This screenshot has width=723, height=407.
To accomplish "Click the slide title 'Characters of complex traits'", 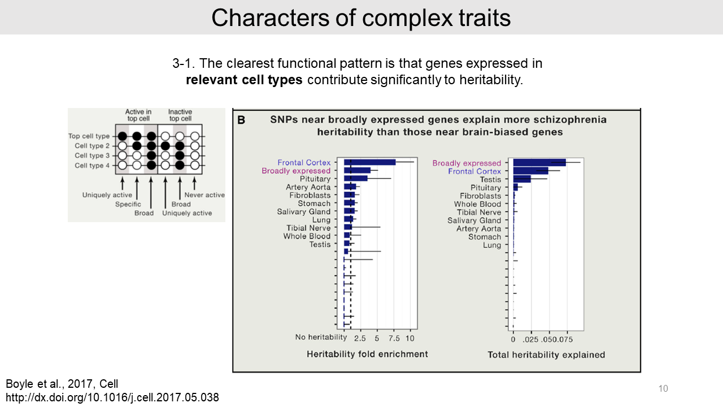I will point(361,18).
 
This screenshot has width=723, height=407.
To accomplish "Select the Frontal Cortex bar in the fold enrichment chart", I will point(369,163).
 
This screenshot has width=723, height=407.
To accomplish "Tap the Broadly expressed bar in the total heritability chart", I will point(539,163).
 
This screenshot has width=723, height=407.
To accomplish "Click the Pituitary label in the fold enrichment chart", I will point(315,179).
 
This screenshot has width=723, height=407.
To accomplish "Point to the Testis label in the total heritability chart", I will point(490,180).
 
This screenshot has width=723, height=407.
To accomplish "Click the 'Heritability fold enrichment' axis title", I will point(367,354).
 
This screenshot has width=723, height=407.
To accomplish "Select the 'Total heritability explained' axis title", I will point(546,355).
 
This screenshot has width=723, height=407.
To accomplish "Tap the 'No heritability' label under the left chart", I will point(321,337).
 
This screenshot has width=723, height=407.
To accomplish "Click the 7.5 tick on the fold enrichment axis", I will point(394,339).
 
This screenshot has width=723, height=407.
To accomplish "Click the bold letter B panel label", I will point(241,120).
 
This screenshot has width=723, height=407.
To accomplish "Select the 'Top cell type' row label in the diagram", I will point(89,136).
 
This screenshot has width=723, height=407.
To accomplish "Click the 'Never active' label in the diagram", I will point(204,195).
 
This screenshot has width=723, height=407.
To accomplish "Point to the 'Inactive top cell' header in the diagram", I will point(180,115).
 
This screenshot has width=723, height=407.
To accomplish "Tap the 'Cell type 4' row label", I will point(89,166).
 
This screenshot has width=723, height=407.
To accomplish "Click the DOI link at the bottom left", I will point(112,397).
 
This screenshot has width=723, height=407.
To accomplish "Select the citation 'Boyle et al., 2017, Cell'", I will point(62,384).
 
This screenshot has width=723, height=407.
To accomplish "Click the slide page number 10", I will point(663,388).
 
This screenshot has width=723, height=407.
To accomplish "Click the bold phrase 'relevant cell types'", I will point(244,80).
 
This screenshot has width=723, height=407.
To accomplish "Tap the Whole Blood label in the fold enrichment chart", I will point(307,236).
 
